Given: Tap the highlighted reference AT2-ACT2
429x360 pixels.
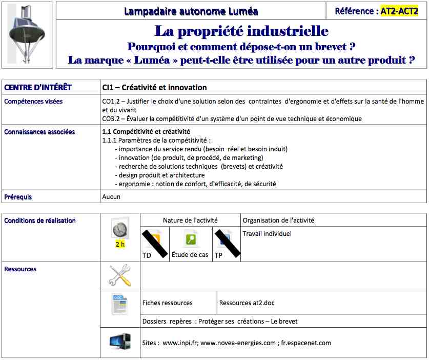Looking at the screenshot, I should click(399, 11).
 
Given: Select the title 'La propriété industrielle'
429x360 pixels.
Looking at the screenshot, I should click(241, 31).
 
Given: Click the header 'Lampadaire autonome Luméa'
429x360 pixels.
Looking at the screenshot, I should click(191, 11).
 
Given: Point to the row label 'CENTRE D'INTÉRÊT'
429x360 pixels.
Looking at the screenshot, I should click(38, 88).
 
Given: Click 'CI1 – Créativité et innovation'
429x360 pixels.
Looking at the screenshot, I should click(154, 88).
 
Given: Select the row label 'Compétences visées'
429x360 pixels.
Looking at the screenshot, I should click(33, 102).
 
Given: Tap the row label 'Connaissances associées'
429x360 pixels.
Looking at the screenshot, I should click(39, 132).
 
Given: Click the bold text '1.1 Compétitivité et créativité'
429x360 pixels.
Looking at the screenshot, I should click(146, 132).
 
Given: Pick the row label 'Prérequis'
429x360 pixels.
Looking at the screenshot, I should click(18, 196).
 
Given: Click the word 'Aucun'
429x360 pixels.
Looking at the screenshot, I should click(111, 196).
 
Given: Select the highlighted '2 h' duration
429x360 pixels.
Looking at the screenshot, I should click(120, 244).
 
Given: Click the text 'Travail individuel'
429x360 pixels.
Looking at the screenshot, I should click(267, 234).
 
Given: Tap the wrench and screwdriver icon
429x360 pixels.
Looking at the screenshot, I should click(120, 275).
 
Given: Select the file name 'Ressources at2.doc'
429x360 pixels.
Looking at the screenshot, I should click(247, 303).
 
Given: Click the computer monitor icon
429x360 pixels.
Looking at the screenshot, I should click(120, 342).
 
